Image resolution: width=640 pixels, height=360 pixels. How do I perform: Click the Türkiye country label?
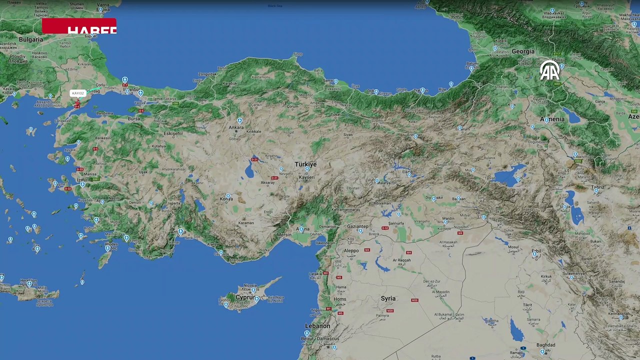pyautogui.click(x=305, y=164)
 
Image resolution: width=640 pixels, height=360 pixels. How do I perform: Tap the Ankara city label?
pyautogui.click(x=236, y=127)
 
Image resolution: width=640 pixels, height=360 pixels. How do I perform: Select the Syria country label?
pyautogui.click(x=388, y=298)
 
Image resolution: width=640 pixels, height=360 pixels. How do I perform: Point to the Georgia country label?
pyautogui.click(x=523, y=51)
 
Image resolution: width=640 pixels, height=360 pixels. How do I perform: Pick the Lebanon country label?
pyautogui.click(x=317, y=326)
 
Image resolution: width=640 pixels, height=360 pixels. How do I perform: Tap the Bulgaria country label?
pyautogui.click(x=30, y=39)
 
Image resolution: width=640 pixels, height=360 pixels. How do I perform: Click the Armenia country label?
pyautogui.click(x=552, y=119)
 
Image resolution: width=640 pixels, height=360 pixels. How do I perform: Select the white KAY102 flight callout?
pyautogui.click(x=78, y=93)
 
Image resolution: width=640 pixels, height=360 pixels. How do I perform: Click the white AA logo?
pyautogui.click(x=549, y=70)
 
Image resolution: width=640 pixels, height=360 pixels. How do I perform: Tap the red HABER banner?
pyautogui.click(x=79, y=26)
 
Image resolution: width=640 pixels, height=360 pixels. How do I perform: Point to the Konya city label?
pyautogui.click(x=226, y=199)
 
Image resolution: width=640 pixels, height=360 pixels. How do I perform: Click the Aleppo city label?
pyautogui.click(x=351, y=250)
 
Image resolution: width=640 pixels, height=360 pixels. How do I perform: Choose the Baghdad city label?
pyautogui.click(x=545, y=345)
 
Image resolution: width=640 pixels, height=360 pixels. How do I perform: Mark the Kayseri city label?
pyautogui.click(x=306, y=177)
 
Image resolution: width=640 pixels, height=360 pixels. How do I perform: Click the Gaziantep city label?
pyautogui.click(x=357, y=226)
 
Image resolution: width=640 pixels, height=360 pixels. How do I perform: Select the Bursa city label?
pyautogui.click(x=134, y=119)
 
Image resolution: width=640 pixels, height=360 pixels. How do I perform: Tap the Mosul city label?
pyautogui.click(x=513, y=247)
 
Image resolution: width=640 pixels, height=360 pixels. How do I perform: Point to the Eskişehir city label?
pyautogui.click(x=173, y=133)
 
